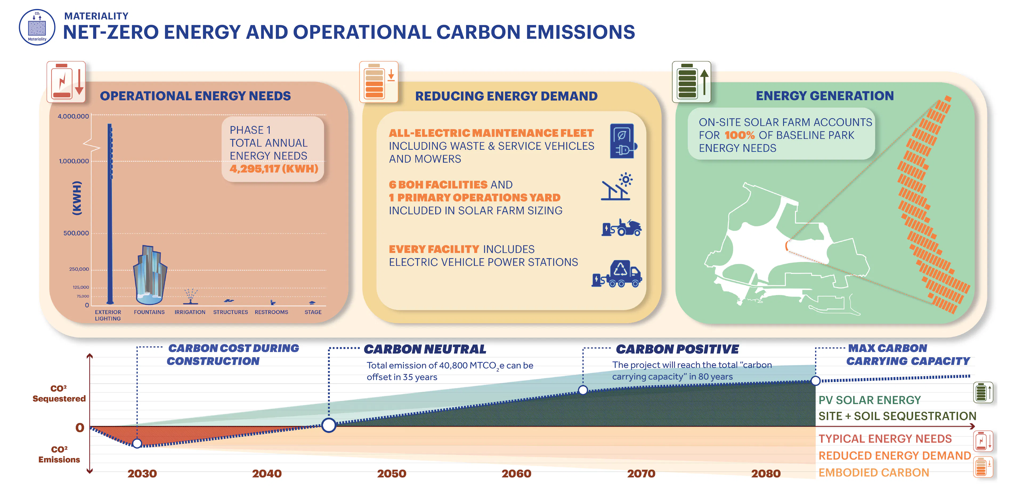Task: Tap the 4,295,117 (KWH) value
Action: [x=274, y=169]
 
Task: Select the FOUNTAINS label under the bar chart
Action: [x=149, y=312]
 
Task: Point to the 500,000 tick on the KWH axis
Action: [x=76, y=233]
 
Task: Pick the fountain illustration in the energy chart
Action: [x=150, y=275]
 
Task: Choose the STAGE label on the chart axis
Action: [x=313, y=312]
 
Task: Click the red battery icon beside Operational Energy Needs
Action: [x=66, y=82]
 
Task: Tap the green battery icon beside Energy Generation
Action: [x=691, y=82]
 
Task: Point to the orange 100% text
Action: [x=740, y=135]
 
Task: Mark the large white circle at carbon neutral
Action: [x=329, y=425]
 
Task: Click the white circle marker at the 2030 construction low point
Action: [x=137, y=443]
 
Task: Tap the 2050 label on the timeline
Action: [x=392, y=474]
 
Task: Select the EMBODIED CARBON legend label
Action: [x=874, y=472]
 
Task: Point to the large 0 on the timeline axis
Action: [x=80, y=428]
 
